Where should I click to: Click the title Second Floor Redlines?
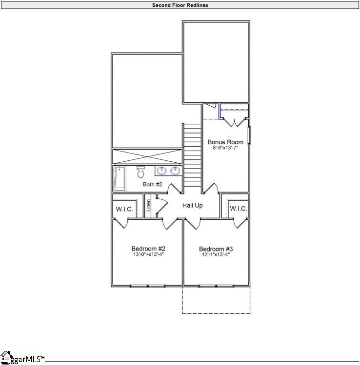click(x=180, y=5)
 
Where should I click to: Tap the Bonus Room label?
click(x=225, y=142)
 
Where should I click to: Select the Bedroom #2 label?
click(x=148, y=249)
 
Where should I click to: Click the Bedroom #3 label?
click(x=216, y=249)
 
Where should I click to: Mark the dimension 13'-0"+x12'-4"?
click(x=148, y=254)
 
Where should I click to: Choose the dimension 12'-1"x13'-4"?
click(x=216, y=254)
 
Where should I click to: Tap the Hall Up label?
click(x=192, y=206)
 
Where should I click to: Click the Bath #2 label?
click(x=152, y=184)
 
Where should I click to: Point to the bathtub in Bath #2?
click(x=119, y=178)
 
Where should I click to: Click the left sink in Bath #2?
click(x=161, y=171)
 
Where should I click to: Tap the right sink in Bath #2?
click(x=175, y=171)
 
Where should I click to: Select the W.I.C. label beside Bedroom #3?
click(x=238, y=209)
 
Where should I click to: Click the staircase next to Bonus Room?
click(x=192, y=154)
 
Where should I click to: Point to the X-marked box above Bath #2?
click(x=147, y=157)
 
